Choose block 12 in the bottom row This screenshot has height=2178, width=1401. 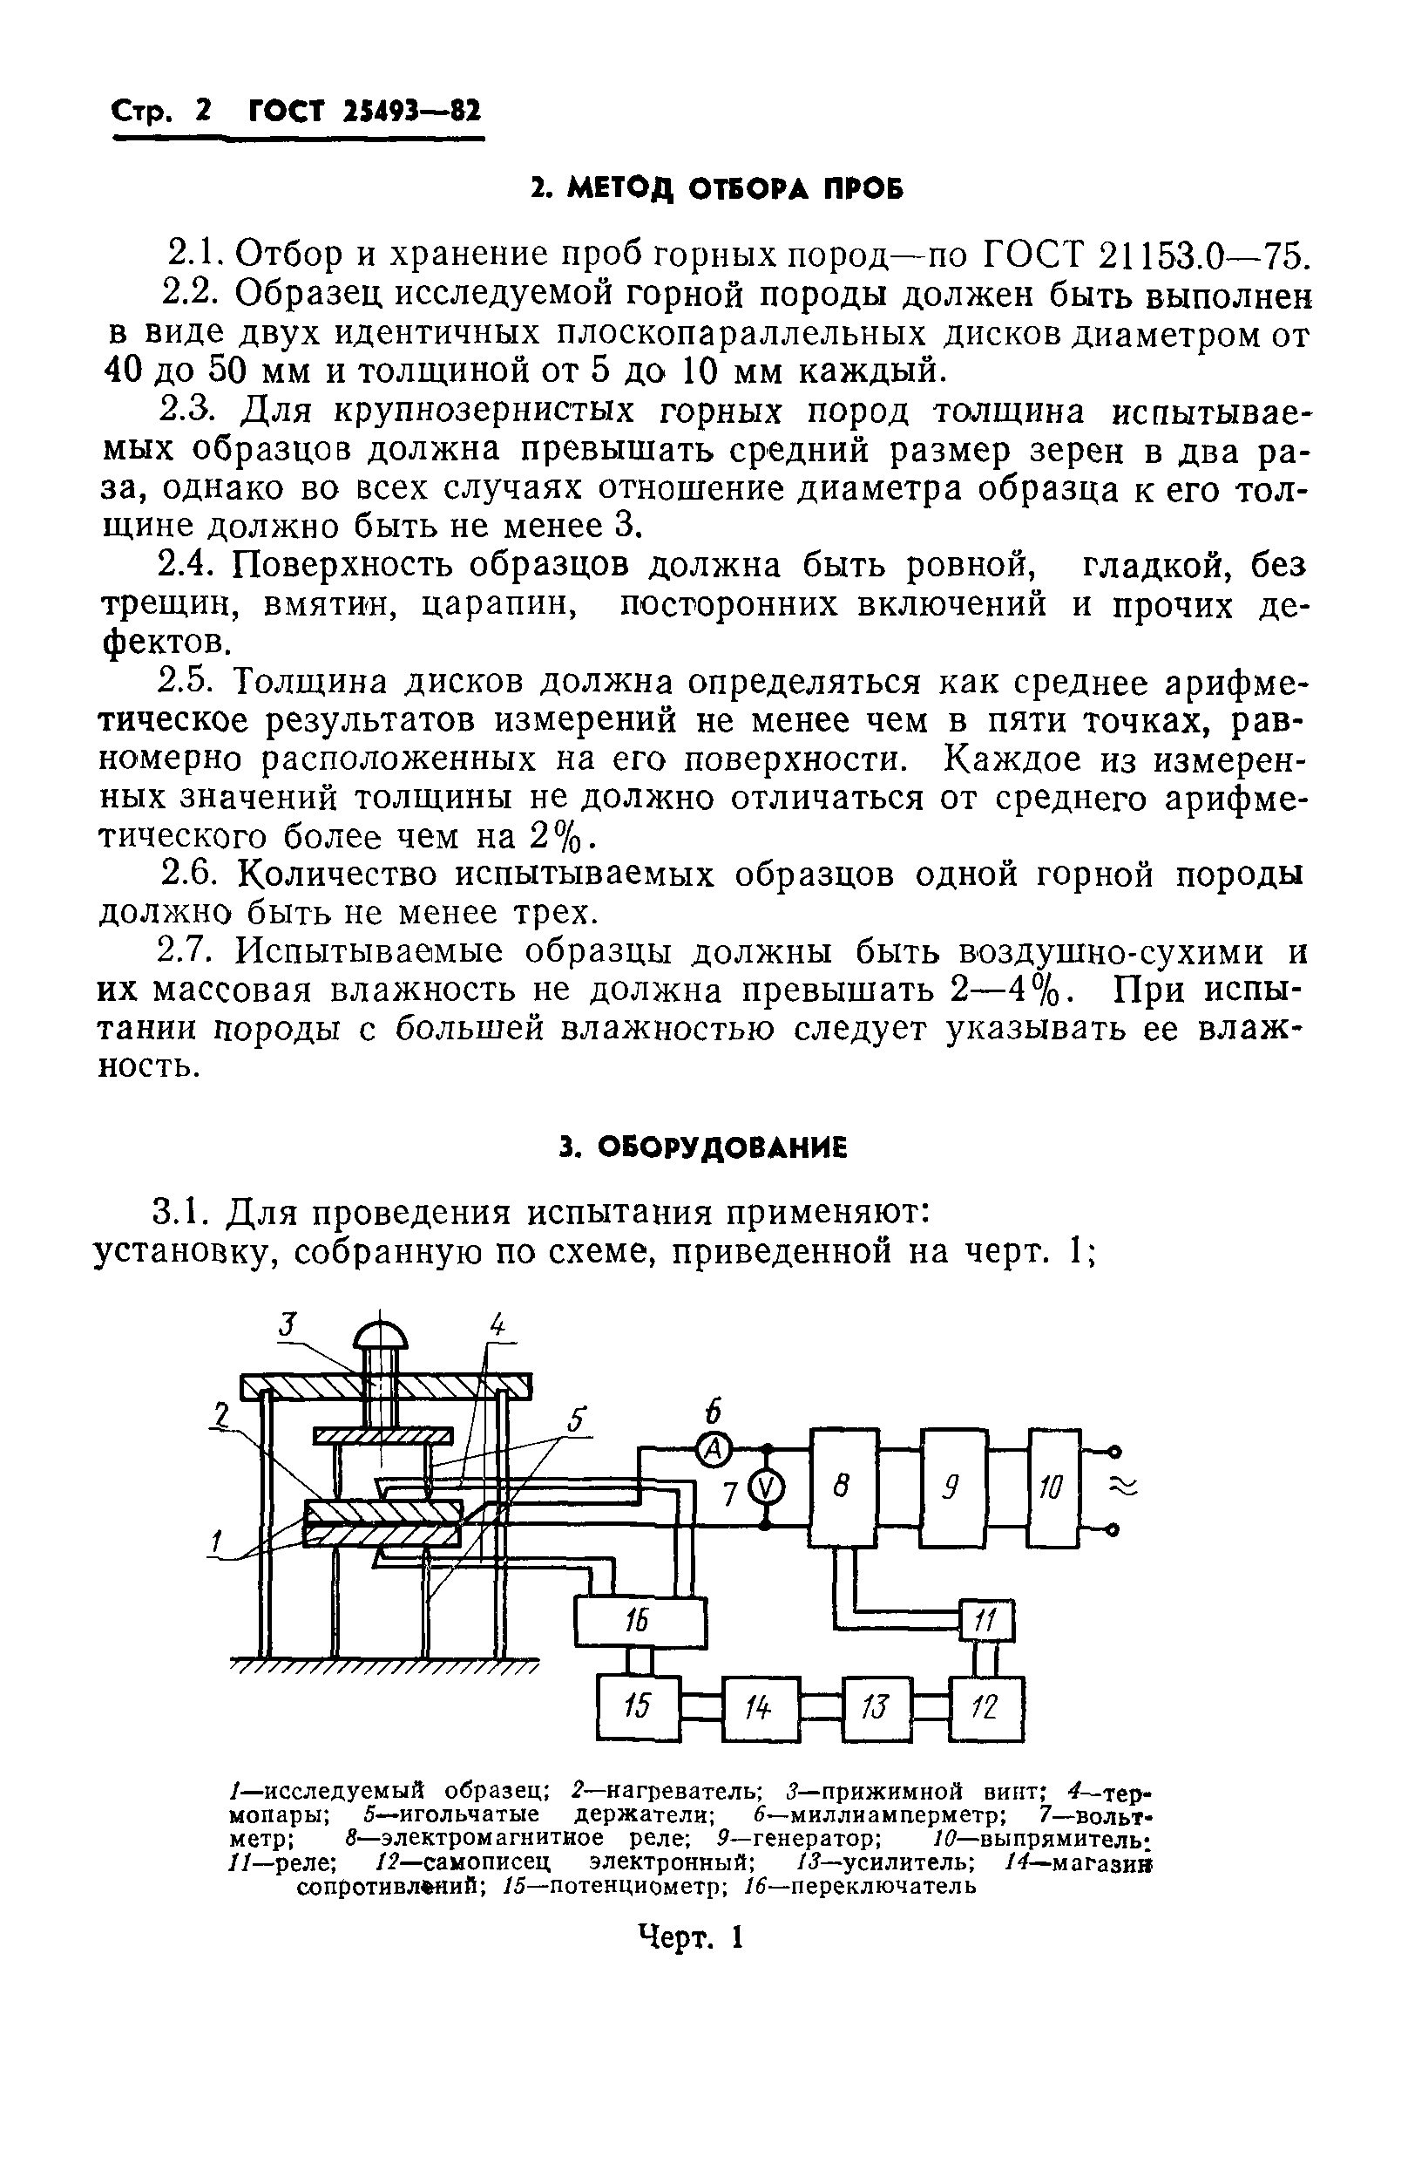(x=986, y=1703)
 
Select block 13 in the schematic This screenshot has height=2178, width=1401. (x=877, y=1704)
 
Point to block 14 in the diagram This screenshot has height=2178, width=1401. (x=761, y=1704)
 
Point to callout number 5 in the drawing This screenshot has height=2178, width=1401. (x=576, y=1419)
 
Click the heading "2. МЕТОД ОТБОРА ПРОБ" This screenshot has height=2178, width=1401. (x=717, y=188)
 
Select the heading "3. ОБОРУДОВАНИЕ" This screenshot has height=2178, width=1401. (x=703, y=1147)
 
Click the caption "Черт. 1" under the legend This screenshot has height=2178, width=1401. (x=692, y=1936)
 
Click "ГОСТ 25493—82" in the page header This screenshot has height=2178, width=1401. (x=364, y=111)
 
